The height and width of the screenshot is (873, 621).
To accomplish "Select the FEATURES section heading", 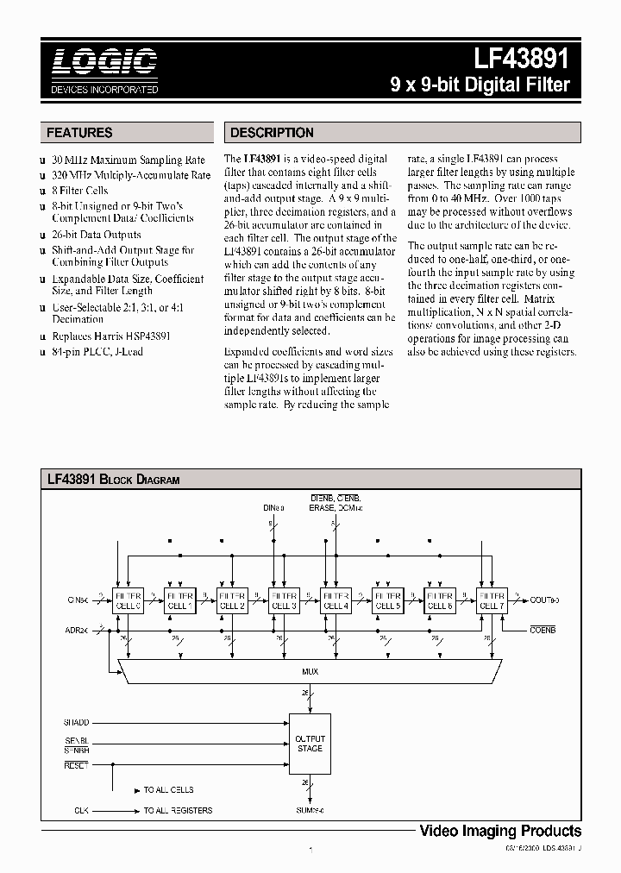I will [x=79, y=133].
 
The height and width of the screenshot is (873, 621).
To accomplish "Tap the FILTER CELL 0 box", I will [x=129, y=600].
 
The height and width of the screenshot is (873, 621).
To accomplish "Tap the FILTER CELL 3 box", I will [x=285, y=600].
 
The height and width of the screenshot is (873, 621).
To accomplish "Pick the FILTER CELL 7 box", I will [x=492, y=600].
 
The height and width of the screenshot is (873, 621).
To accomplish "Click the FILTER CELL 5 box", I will [x=388, y=600].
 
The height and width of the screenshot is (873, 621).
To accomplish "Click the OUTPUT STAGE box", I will [x=310, y=744].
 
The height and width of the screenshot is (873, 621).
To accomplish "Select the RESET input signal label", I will [x=76, y=764].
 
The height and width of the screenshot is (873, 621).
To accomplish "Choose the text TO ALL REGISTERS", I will [x=178, y=810].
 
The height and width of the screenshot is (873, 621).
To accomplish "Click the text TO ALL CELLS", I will [x=169, y=789].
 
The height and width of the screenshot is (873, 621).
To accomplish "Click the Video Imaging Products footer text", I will [x=499, y=831].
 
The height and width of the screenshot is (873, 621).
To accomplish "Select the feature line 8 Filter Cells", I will [x=80, y=191].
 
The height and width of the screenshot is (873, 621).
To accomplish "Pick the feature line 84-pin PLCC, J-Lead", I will [x=97, y=351].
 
